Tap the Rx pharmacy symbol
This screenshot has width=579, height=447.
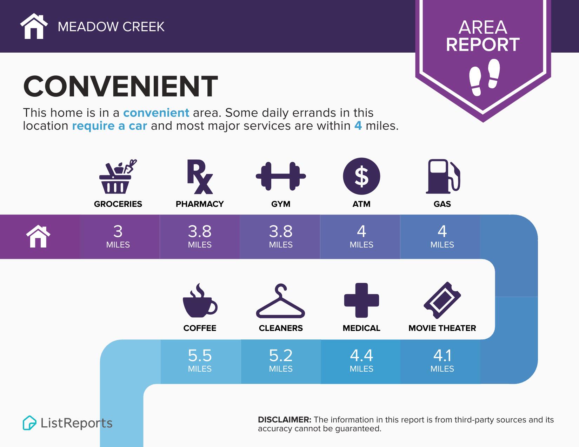pos(199,177)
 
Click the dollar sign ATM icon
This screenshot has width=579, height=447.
pos(361,176)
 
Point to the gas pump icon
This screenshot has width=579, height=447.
pos(442,176)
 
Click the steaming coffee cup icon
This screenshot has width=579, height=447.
pos(200,300)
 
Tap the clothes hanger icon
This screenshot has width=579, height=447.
pos(280,301)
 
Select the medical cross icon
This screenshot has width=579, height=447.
pos(361,300)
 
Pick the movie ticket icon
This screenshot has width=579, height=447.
pos(442,300)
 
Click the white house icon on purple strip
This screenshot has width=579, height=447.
pos(39,237)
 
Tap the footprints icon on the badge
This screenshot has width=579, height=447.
pos(484,77)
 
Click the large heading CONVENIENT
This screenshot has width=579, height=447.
pos(120,86)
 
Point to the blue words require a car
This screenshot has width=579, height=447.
pos(109,126)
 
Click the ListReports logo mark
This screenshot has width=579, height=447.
pos(29,423)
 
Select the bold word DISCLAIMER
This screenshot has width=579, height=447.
pos(284,420)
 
